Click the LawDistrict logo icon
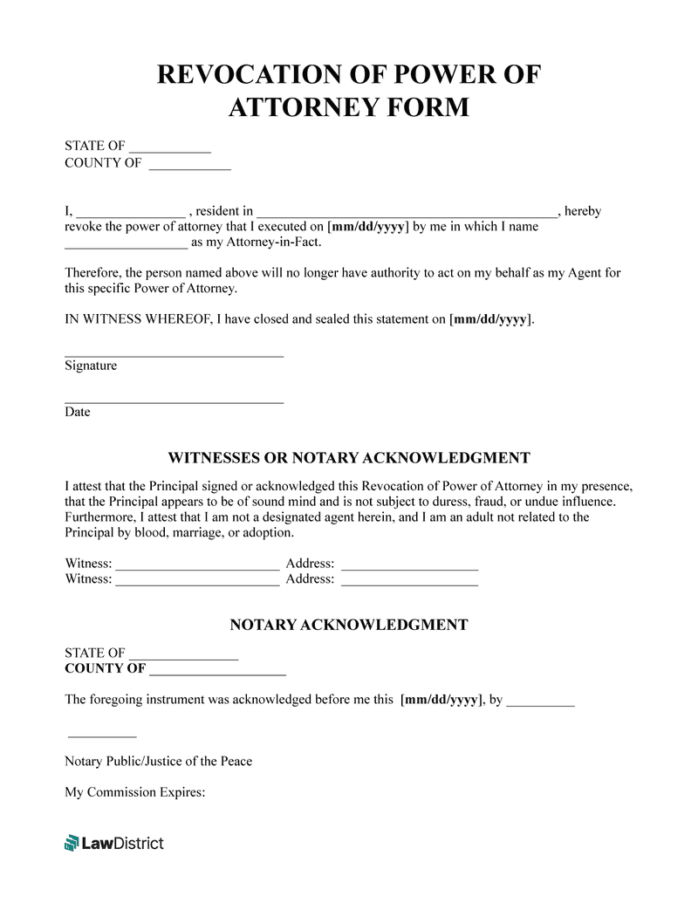pyautogui.click(x=72, y=843)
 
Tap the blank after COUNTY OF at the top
pyautogui.click(x=189, y=164)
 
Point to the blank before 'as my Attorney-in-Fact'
pyautogui.click(x=126, y=243)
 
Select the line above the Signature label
pyautogui.click(x=174, y=355)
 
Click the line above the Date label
pyautogui.click(x=174, y=401)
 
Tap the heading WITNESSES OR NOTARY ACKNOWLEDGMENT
pyautogui.click(x=349, y=458)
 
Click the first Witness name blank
pyautogui.click(x=197, y=564)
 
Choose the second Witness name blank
pyautogui.click(x=197, y=580)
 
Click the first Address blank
pyautogui.click(x=409, y=564)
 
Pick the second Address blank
pyautogui.click(x=409, y=580)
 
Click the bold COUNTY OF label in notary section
pyautogui.click(x=105, y=669)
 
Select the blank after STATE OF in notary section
pyautogui.click(x=183, y=654)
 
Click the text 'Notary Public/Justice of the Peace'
pyautogui.click(x=158, y=762)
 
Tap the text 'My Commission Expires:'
pyautogui.click(x=134, y=793)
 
